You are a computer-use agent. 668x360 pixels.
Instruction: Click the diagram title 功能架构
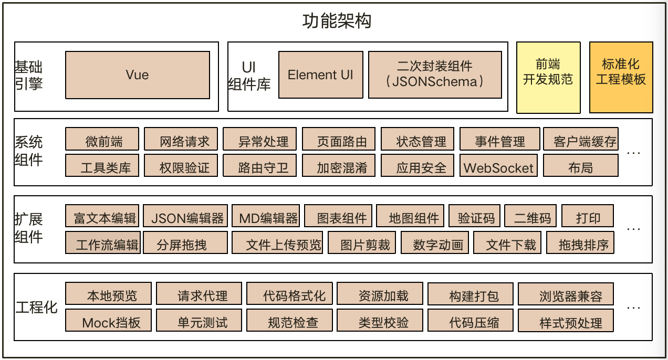[x=337, y=20]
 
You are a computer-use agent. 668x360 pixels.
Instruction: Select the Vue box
[x=137, y=75]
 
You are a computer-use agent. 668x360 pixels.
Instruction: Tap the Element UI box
[x=320, y=75]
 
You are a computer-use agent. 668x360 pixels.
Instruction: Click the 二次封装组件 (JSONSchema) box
[x=434, y=75]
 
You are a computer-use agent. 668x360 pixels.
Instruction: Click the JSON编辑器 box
[x=185, y=216]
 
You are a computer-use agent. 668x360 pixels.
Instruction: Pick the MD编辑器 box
[x=266, y=216]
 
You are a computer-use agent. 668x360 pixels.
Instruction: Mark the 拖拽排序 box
[x=580, y=243]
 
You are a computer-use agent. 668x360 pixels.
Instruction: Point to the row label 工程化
[x=37, y=307]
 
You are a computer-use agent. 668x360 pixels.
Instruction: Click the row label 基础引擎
[x=29, y=76]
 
